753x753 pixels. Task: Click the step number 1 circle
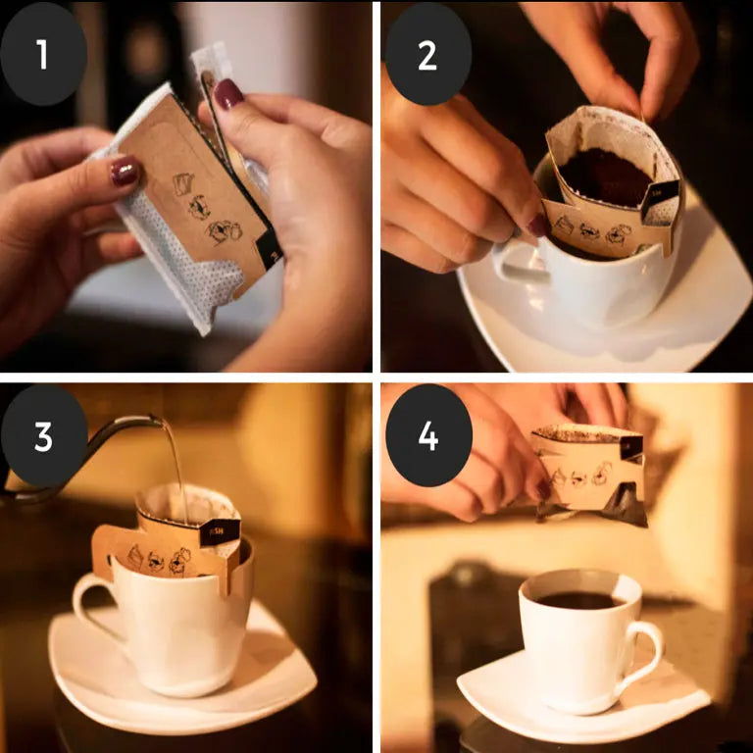[43, 54]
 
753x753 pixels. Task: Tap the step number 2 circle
[428, 54]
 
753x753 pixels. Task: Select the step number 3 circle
[43, 435]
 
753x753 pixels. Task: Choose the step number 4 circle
[428, 435]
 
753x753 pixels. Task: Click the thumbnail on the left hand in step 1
[125, 173]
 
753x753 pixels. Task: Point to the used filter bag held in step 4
[588, 471]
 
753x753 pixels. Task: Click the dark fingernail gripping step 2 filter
[538, 225]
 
